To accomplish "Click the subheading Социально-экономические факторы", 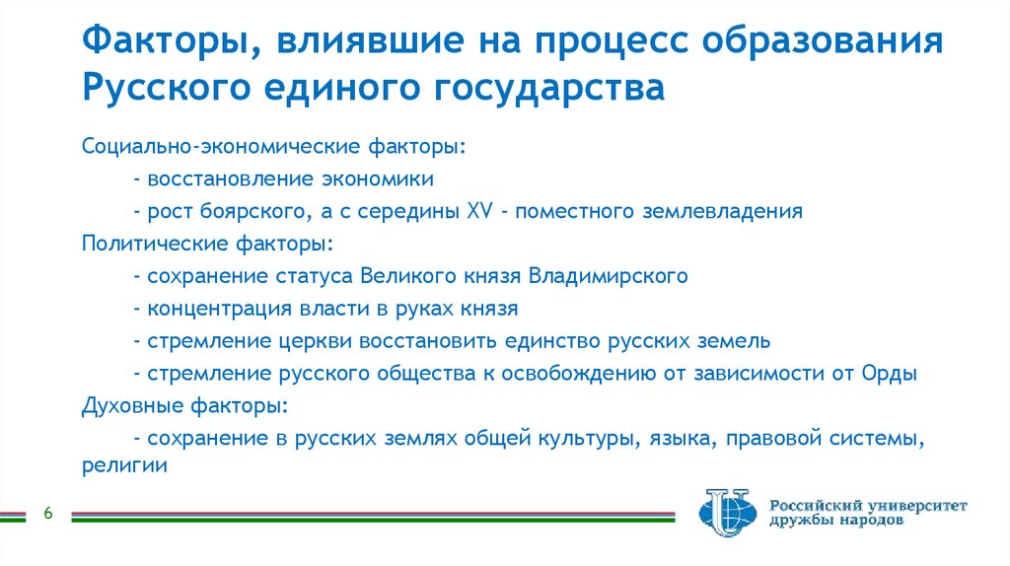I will [273, 146].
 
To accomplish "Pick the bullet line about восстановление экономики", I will [285, 178].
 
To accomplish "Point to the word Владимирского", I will [608, 275].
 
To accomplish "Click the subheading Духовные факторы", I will [185, 405].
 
